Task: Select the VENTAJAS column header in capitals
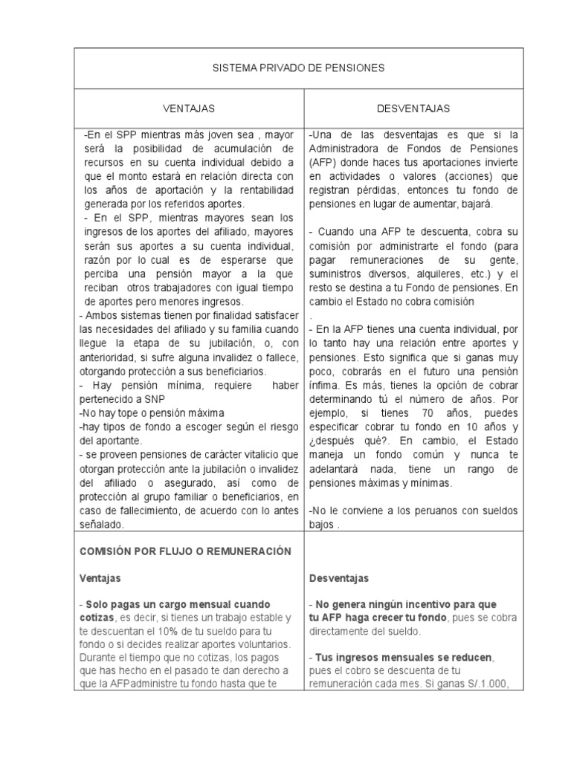(189, 109)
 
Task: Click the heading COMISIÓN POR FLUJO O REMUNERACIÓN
(185, 551)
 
